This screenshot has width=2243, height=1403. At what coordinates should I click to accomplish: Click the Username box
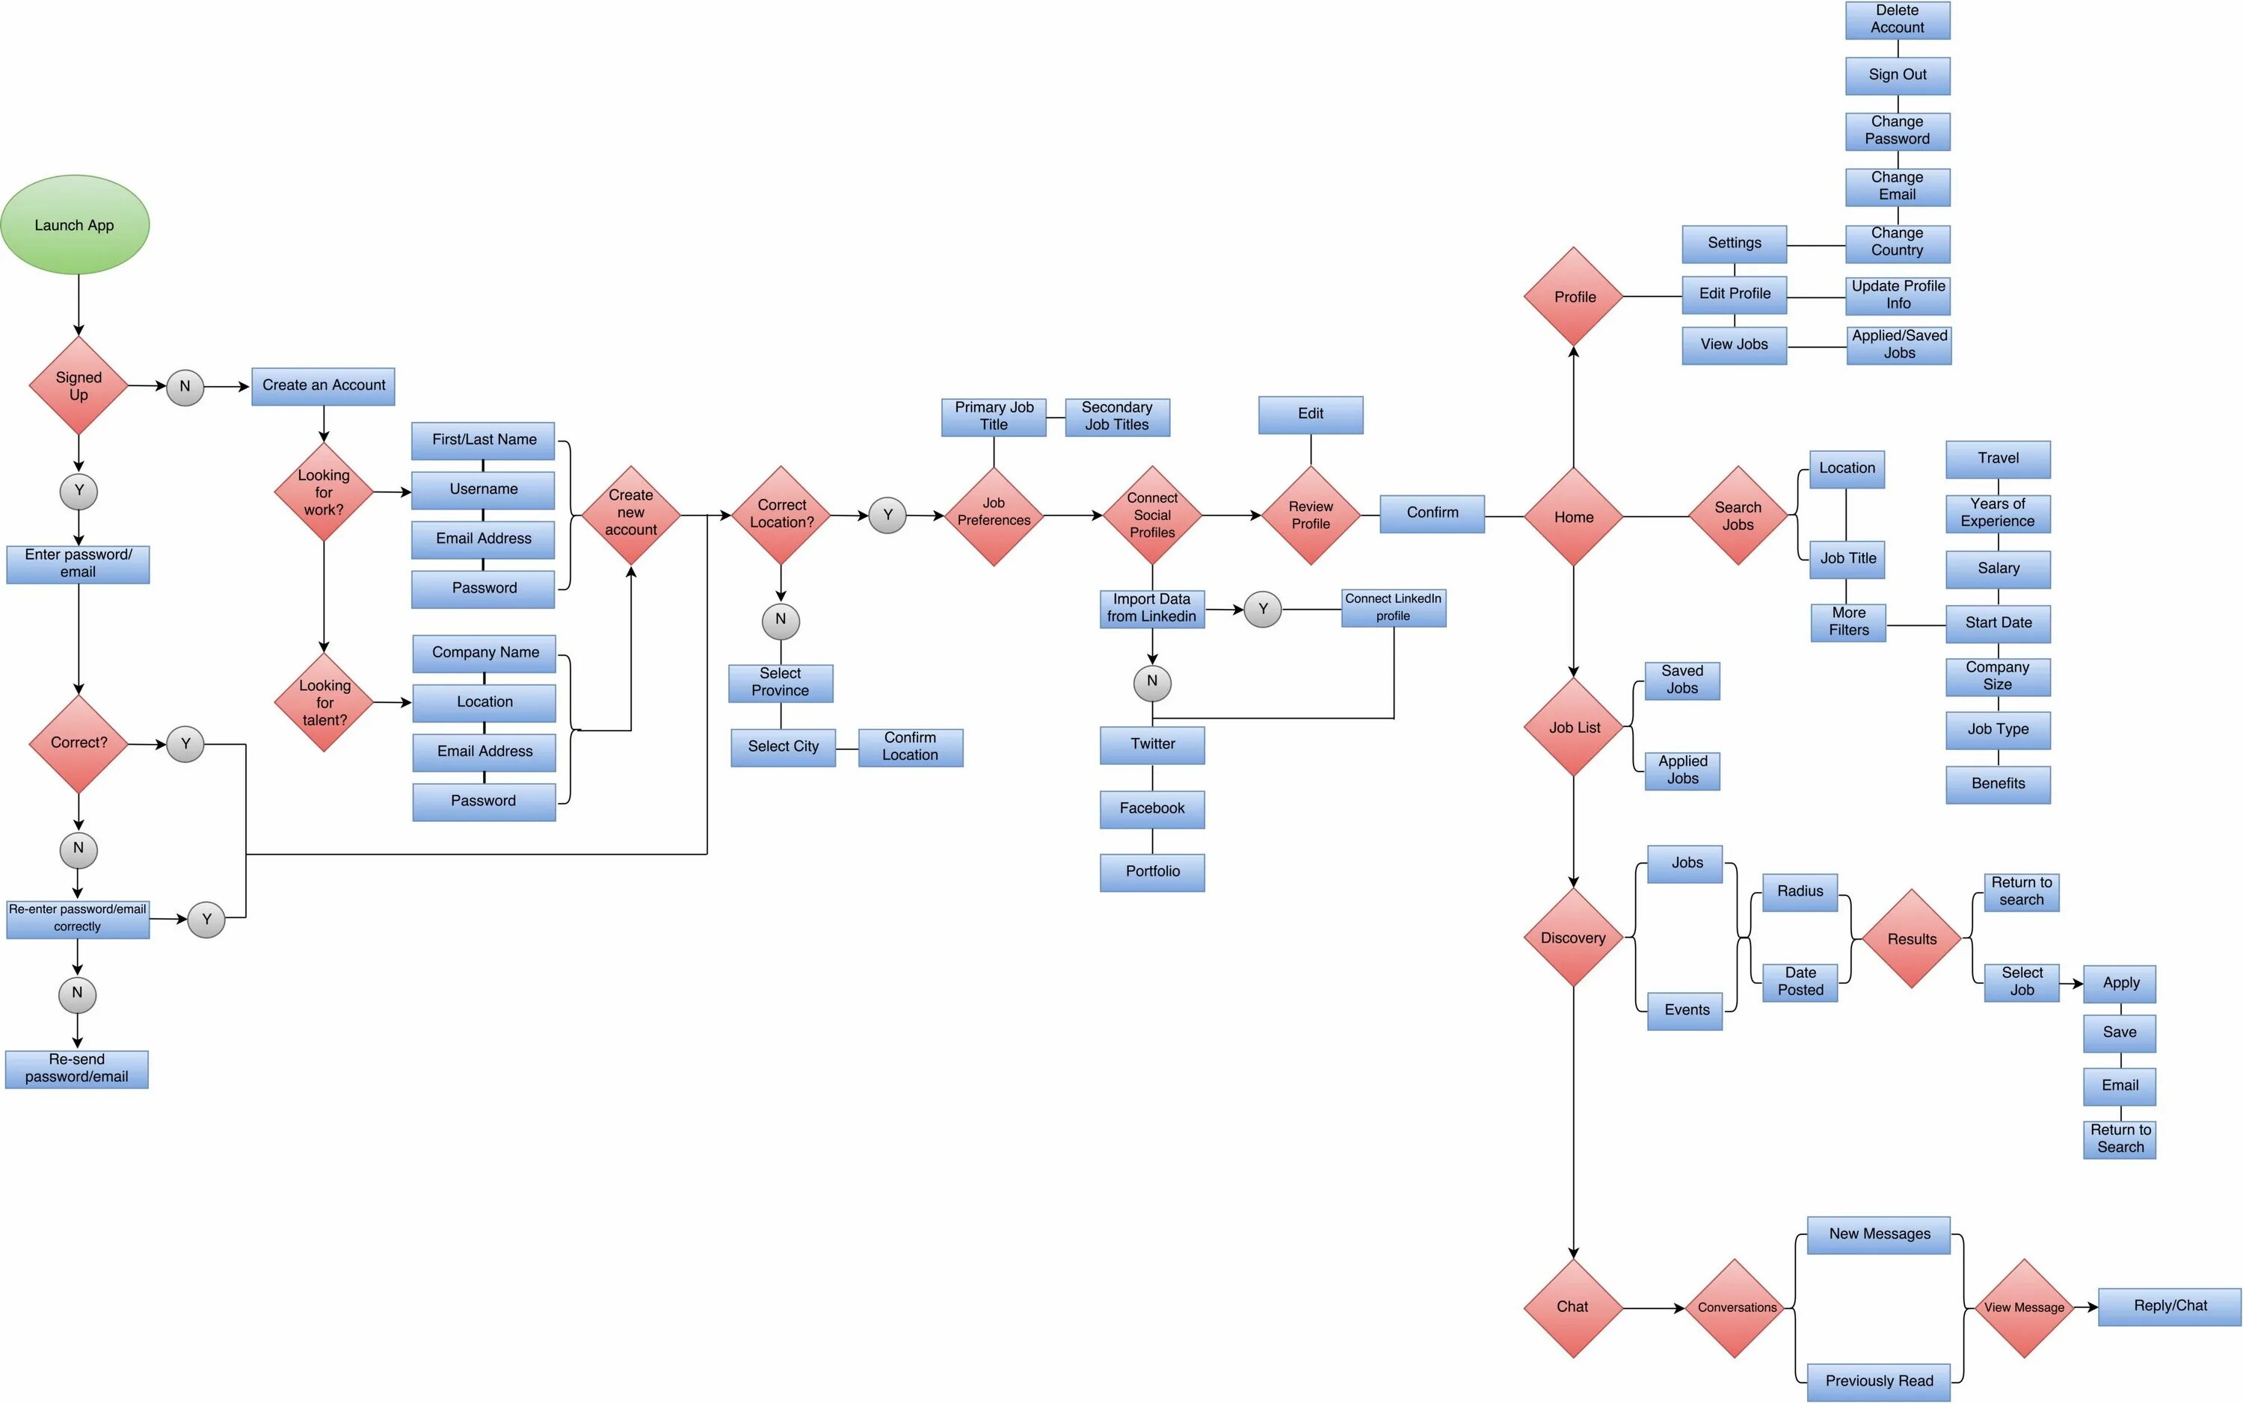tap(483, 490)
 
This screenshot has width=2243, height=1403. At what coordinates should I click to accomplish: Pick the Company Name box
tap(484, 653)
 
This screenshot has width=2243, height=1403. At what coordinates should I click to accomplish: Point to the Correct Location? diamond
tap(781, 515)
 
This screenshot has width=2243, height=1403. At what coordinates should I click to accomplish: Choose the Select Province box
tap(781, 683)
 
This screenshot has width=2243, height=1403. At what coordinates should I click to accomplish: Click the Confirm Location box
tap(910, 747)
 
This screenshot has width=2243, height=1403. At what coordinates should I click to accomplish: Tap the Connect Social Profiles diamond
tap(1152, 515)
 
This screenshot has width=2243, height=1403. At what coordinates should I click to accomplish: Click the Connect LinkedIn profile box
tap(1393, 608)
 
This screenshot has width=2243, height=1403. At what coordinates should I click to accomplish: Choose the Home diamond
tap(1574, 517)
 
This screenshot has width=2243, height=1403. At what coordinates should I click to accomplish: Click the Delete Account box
tap(1897, 19)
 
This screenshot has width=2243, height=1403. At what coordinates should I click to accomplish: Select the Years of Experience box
tap(1998, 513)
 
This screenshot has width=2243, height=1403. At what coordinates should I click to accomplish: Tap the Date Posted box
tap(1800, 982)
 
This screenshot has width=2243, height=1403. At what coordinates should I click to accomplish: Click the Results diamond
tap(1912, 939)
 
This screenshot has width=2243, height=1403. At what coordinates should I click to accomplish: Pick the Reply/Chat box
tap(2169, 1307)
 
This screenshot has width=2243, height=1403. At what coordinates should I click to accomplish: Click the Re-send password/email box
tap(77, 1069)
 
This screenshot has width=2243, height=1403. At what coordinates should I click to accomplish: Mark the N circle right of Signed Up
tap(185, 386)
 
